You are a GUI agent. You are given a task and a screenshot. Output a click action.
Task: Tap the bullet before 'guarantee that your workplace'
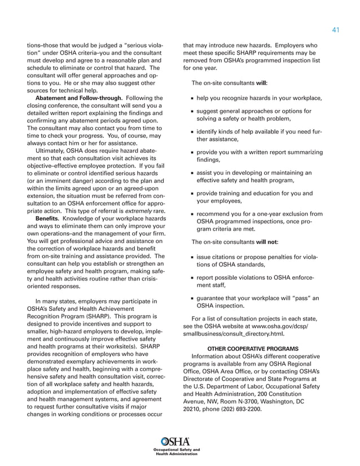193,298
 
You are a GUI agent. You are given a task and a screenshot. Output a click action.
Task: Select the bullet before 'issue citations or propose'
193,258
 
